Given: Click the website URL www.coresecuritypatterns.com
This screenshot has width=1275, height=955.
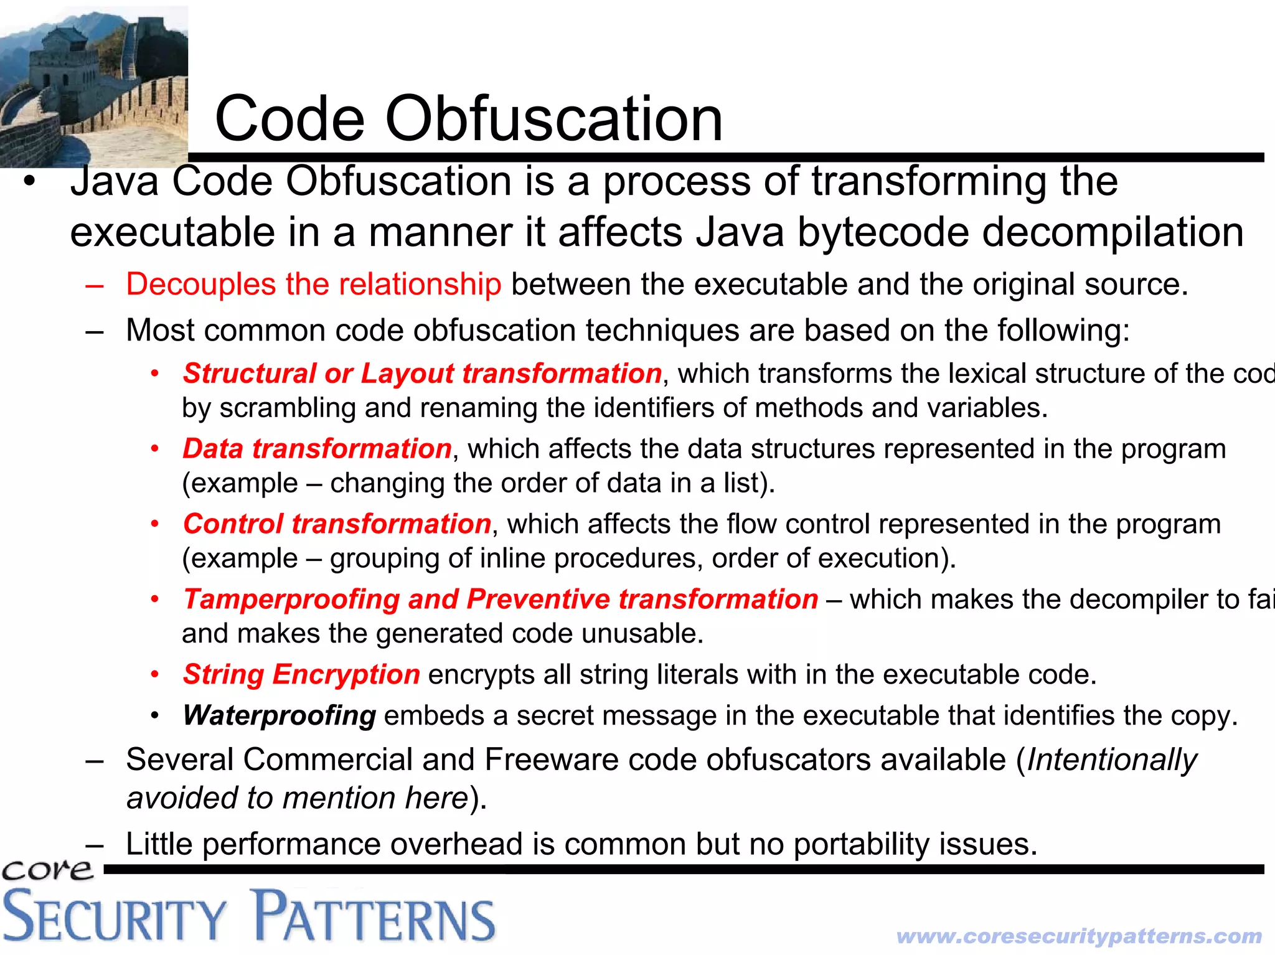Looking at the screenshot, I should click(1079, 936).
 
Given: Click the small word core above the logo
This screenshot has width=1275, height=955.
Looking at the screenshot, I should click(47, 870).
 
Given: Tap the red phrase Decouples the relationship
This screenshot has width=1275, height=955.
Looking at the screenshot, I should click(313, 285).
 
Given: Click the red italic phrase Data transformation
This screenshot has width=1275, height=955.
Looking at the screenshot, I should click(317, 449).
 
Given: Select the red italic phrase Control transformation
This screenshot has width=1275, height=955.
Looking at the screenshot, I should click(337, 524).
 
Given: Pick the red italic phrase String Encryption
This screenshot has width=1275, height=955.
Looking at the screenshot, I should click(301, 675).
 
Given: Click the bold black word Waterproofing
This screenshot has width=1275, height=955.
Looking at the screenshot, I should click(279, 716).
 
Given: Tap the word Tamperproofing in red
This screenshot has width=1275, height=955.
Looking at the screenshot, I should click(291, 600).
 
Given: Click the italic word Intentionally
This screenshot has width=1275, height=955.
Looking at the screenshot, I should click(1112, 760).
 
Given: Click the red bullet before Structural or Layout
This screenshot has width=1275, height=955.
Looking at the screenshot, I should click(155, 374).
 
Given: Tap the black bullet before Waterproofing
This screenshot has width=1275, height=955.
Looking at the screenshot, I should click(155, 715).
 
